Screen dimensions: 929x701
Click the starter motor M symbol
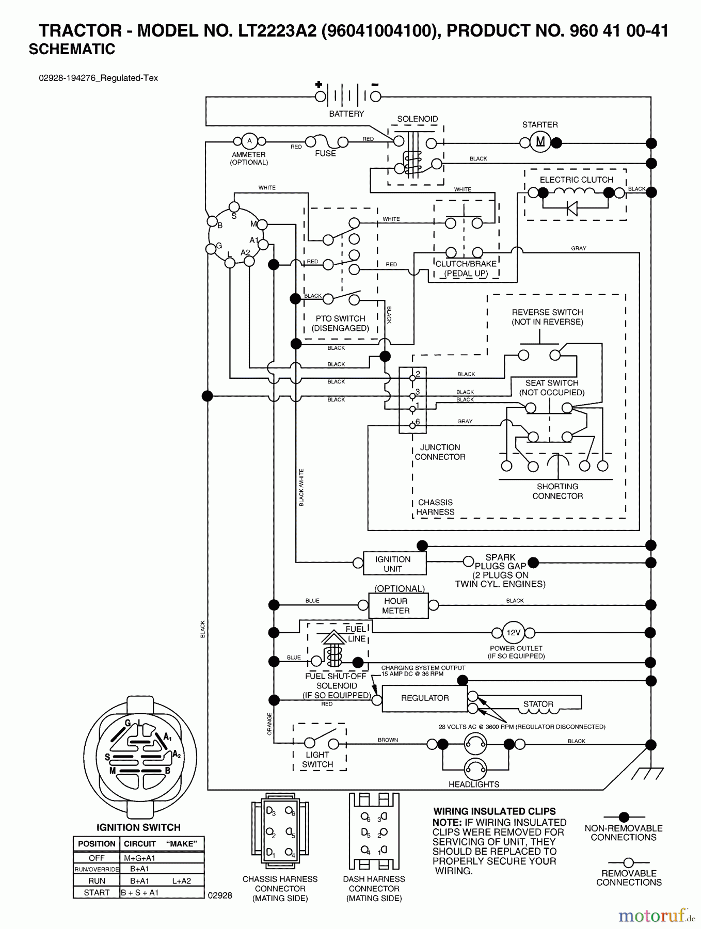coord(540,142)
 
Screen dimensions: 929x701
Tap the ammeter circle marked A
coord(249,141)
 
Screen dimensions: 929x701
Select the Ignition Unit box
coord(394,564)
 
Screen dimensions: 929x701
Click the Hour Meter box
coord(397,605)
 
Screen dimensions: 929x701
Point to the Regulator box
coord(425,698)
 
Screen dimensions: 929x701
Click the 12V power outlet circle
coord(513,632)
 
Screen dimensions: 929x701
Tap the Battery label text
coord(346,114)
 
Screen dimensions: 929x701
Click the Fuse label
coord(325,153)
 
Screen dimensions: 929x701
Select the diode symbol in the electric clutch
coord(571,208)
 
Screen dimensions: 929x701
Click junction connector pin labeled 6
coord(412,425)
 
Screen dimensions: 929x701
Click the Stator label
coord(538,704)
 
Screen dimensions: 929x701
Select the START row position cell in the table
coord(97,892)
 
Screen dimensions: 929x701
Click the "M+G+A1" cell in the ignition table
coord(139,858)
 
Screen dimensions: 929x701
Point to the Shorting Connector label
coord(557,491)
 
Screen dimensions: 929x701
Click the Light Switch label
coord(317,759)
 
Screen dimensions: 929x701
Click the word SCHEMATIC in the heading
coord(72,49)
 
